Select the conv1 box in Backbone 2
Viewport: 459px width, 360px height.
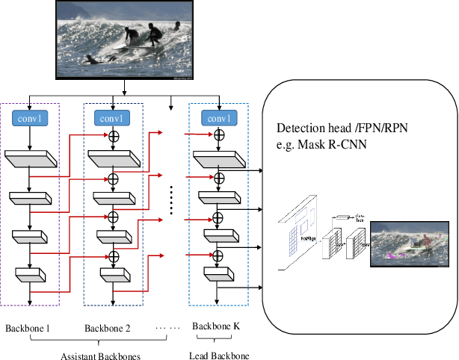(x=114, y=117)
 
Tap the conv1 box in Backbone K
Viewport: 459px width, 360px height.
(x=219, y=117)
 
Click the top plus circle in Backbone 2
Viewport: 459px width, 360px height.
(x=114, y=137)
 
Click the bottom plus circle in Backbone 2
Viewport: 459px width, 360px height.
(x=114, y=255)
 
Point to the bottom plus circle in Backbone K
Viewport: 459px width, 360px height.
(x=219, y=255)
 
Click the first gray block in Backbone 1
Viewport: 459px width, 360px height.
(x=30, y=158)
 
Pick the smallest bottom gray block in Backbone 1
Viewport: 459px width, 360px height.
(x=30, y=276)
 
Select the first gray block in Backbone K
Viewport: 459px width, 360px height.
(x=218, y=158)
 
